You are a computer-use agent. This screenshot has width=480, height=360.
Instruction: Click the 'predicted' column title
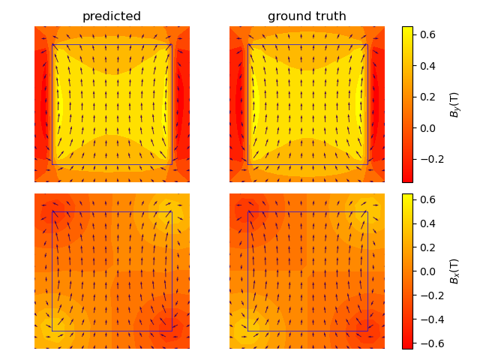112,16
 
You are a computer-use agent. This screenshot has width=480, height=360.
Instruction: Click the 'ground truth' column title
307,16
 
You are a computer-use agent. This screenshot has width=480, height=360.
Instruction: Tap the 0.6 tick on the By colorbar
427,34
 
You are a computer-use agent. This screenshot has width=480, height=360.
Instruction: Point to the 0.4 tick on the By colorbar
427,66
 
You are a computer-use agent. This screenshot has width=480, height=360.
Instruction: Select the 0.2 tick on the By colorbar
427,97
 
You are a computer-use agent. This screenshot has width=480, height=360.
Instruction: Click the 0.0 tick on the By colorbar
427,128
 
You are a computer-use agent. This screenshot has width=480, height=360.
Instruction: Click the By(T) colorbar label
454,105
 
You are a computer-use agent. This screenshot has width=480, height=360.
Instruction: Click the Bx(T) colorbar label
454,271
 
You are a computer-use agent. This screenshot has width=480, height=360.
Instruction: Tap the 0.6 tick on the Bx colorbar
427,199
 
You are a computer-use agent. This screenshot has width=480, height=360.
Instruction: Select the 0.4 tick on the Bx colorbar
427,223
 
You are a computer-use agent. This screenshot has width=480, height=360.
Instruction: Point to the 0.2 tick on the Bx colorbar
427,247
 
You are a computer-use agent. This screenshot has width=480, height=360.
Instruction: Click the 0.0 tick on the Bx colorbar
427,271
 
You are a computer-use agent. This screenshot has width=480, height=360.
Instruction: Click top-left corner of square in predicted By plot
52,45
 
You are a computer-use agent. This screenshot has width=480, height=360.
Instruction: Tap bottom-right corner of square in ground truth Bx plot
367,331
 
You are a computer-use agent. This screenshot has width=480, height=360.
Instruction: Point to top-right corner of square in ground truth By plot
367,45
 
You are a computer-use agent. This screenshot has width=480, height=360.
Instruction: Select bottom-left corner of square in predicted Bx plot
52,331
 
